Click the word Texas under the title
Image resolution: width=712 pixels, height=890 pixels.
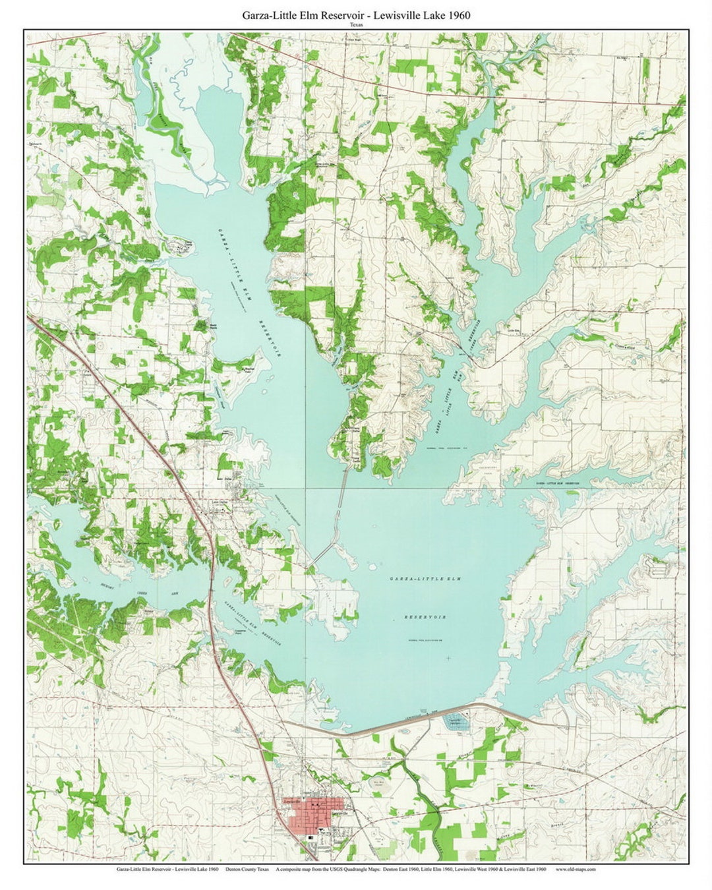[x=356, y=25]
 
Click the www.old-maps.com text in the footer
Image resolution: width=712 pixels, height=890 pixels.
[x=576, y=870]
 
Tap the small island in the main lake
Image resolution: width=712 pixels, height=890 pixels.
[x=373, y=566]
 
